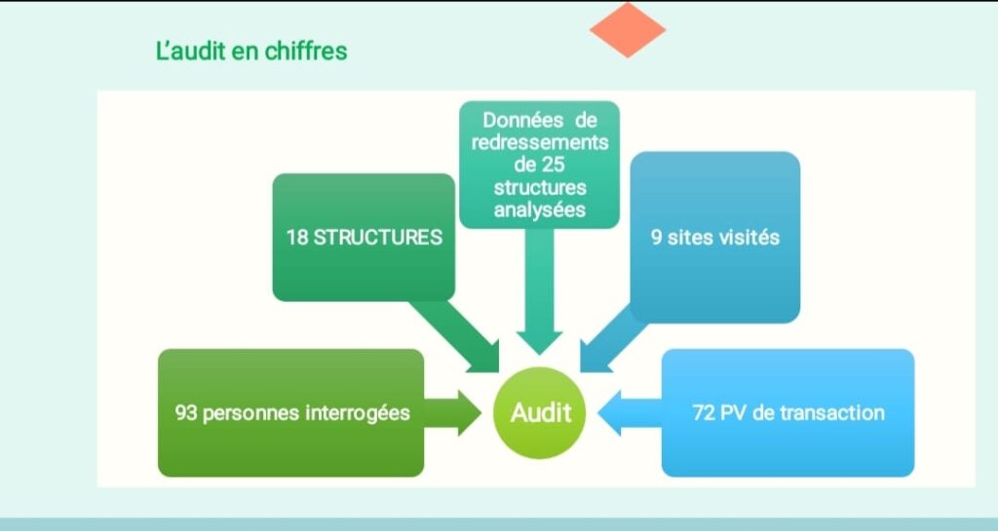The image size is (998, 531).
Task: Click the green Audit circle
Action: tap(541, 413)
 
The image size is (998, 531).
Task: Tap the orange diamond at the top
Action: tap(628, 29)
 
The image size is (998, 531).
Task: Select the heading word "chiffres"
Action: tap(311, 51)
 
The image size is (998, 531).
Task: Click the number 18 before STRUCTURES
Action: tap(296, 238)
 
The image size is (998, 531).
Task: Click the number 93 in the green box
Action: tap(187, 413)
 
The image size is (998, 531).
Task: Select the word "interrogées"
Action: tap(358, 413)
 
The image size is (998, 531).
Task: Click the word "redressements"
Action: tap(539, 142)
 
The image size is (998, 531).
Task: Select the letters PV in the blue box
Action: tap(734, 413)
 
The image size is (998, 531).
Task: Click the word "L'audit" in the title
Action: tap(191, 51)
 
